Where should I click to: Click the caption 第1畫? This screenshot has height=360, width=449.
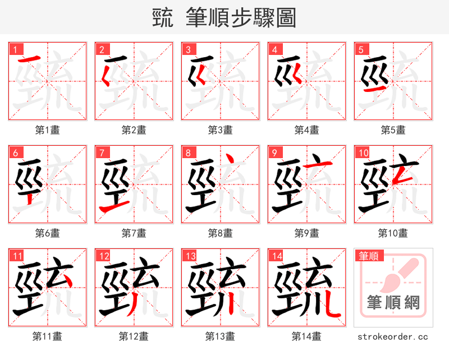[47, 130]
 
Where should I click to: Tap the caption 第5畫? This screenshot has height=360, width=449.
[393, 130]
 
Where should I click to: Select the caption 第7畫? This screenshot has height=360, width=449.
[134, 233]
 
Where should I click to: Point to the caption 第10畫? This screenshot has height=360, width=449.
[393, 233]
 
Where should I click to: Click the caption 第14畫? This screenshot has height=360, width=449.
[306, 336]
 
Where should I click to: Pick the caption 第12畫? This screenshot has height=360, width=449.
[134, 336]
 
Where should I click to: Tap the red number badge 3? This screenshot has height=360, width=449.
[189, 49]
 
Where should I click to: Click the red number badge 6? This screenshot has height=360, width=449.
[16, 153]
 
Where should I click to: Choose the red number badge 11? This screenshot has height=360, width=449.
[17, 256]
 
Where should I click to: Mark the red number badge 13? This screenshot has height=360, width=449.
[190, 256]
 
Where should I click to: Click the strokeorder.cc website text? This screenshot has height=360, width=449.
[393, 336]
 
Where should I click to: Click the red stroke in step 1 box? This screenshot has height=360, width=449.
[29, 59]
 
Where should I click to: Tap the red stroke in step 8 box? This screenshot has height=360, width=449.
[224, 163]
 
